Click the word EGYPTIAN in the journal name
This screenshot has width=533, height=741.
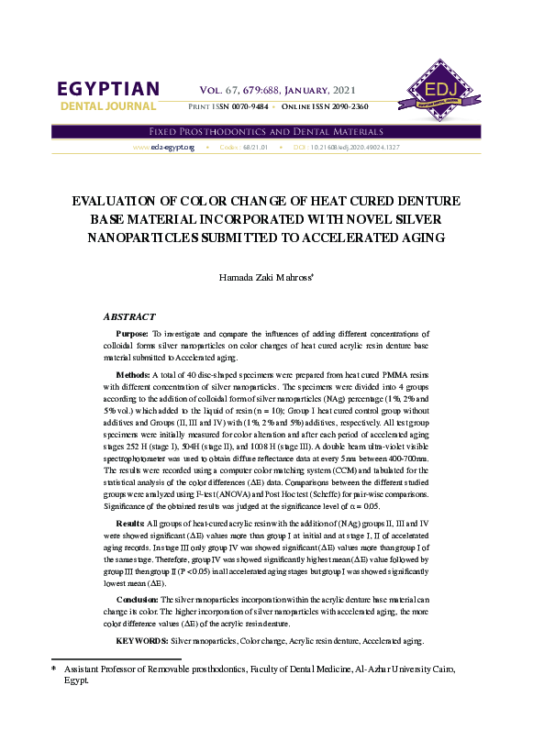click(109, 89)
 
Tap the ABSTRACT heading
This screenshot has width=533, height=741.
click(129, 315)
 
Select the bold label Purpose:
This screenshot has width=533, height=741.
click(133, 334)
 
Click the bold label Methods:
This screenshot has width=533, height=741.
click(135, 375)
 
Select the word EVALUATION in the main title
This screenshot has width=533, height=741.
click(108, 201)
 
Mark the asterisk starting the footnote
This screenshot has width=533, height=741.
click(53, 670)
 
